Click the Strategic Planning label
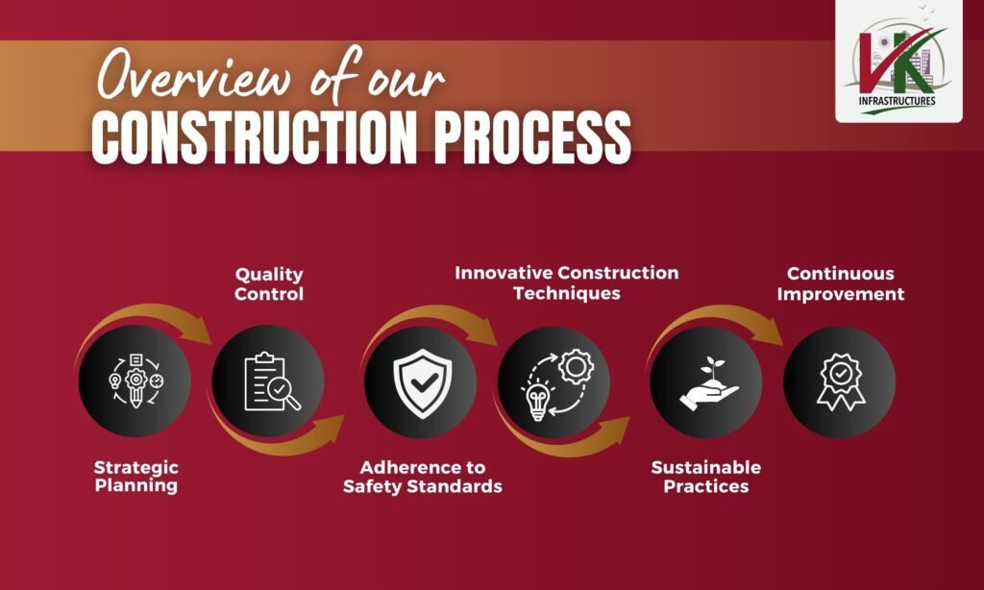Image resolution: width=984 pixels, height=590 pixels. (135, 477)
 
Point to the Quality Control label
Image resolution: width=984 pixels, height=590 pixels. (269, 284)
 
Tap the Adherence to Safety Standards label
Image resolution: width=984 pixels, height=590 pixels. (422, 477)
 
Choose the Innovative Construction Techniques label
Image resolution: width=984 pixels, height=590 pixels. (566, 283)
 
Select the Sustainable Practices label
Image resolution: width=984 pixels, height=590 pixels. (705, 477)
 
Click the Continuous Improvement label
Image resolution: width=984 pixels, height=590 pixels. (841, 284)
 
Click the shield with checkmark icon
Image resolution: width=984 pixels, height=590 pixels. (421, 382)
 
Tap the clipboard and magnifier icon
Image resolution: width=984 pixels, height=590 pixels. (270, 382)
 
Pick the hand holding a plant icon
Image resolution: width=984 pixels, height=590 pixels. (707, 384)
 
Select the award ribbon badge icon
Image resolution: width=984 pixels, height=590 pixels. (841, 382)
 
